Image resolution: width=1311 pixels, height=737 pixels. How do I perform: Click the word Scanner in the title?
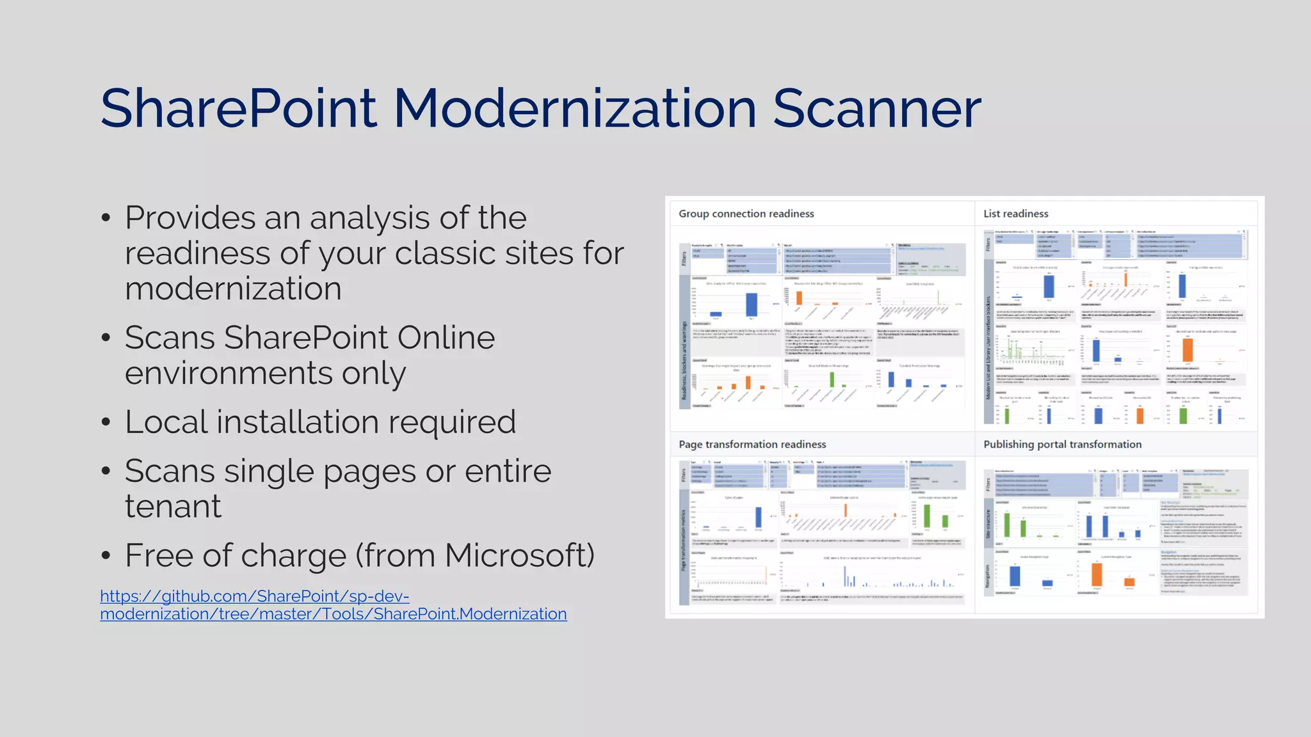pos(876,109)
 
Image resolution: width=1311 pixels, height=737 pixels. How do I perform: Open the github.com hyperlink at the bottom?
pos(333,605)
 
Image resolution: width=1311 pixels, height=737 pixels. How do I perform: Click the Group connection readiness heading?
pos(746,214)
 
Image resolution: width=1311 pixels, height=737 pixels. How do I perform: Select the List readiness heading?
pos(1015,214)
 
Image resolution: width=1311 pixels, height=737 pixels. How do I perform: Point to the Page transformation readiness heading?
pos(752,445)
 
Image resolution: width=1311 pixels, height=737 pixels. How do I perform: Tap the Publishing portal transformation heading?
pos(1062,445)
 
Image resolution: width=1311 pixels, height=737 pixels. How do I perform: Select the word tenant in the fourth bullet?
pos(173,507)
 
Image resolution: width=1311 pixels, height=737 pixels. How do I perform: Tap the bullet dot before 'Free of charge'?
pos(106,555)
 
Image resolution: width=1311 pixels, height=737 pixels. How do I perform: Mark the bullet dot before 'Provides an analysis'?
pos(106,218)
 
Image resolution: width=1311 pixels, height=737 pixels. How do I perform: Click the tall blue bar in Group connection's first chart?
pos(752,305)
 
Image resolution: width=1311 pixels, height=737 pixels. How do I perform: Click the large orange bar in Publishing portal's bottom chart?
pos(1097,574)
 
